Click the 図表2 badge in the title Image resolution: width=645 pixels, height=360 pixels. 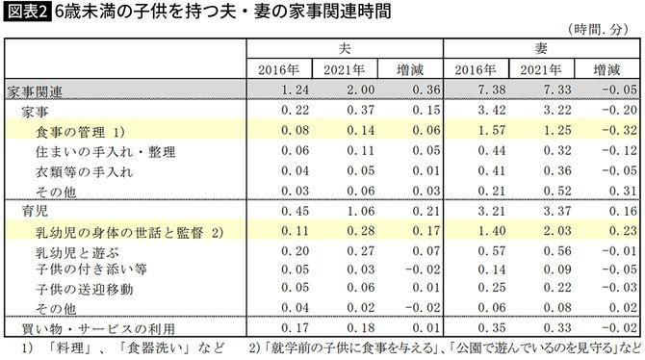pyautogui.click(x=26, y=13)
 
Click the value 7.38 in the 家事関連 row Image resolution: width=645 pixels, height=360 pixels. pyautogui.click(x=479, y=91)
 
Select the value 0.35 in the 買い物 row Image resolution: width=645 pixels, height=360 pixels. pyautogui.click(x=479, y=328)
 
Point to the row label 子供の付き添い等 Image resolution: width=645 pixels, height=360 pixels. pyautogui.click(x=76, y=270)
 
